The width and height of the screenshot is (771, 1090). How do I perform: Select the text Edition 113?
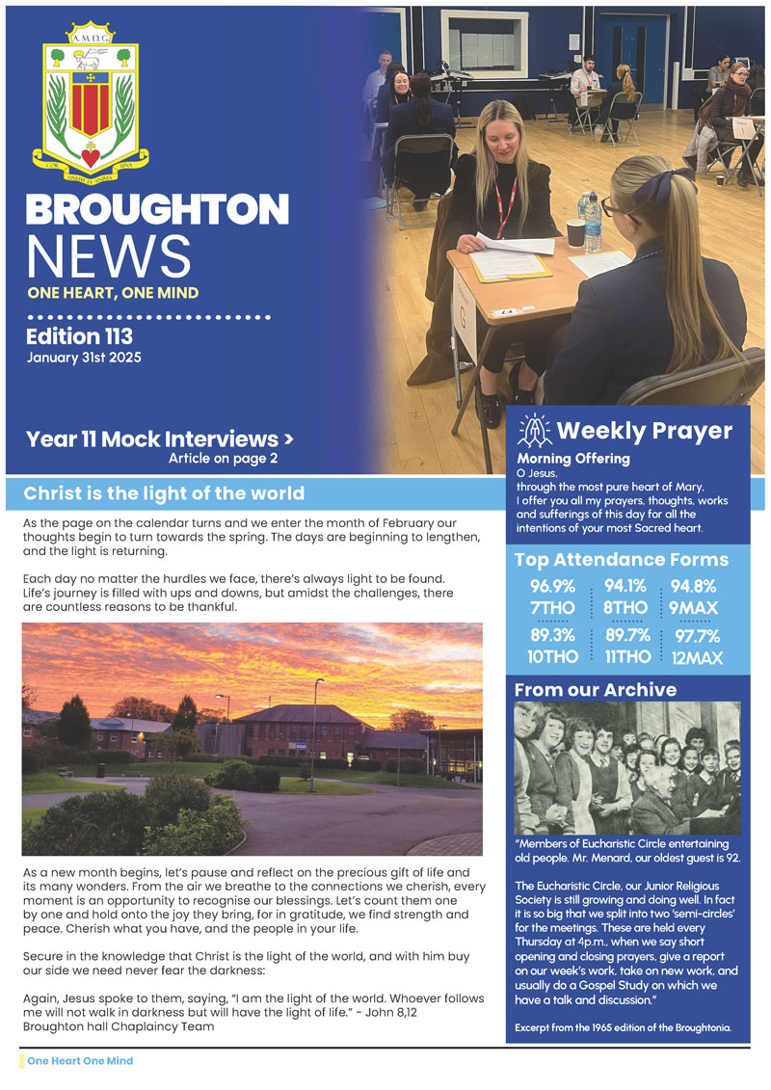point(79,336)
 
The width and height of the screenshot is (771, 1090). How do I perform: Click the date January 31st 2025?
point(84,358)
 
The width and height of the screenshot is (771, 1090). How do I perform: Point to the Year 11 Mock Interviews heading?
point(159,439)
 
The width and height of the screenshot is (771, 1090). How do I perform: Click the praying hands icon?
point(534,431)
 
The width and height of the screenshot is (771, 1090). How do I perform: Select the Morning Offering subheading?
point(573,459)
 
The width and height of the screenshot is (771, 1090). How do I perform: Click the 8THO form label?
point(625,608)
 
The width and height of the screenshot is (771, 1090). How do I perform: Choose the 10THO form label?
point(553,657)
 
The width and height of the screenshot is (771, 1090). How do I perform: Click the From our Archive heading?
point(596,690)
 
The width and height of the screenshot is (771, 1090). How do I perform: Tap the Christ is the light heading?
point(164,494)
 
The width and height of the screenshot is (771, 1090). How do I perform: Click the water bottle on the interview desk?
point(592,223)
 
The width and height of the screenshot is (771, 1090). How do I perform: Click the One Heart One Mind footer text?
point(80,1061)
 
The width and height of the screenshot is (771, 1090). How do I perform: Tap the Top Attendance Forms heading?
point(621,560)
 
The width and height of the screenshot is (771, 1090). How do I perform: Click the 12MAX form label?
point(699,658)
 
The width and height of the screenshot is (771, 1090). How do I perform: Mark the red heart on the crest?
point(91,155)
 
